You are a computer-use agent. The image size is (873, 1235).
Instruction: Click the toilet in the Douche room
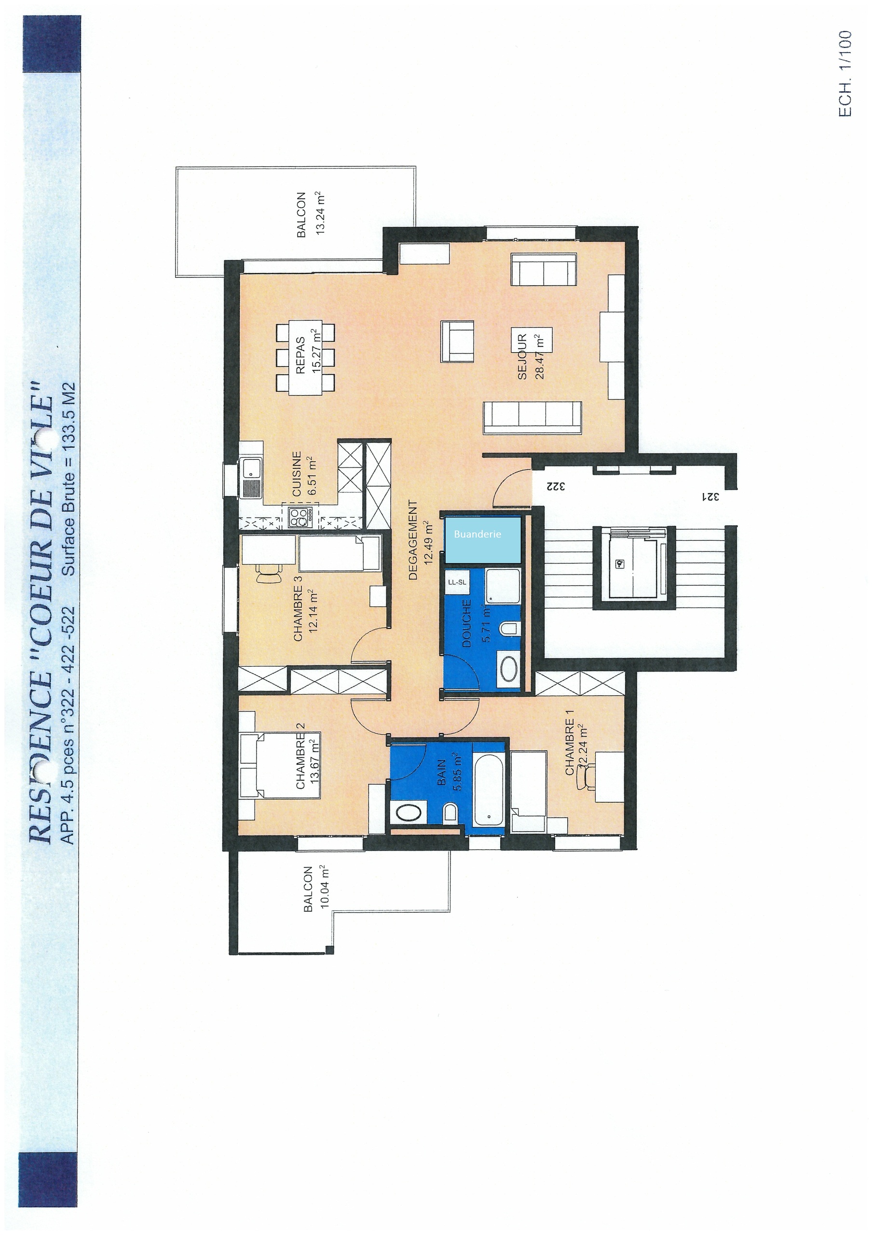(x=510, y=628)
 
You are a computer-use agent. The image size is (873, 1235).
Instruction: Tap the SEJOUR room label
(x=522, y=357)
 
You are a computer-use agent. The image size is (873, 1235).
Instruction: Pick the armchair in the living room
(x=458, y=341)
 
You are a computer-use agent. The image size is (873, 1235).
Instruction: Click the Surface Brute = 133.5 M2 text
(x=69, y=479)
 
